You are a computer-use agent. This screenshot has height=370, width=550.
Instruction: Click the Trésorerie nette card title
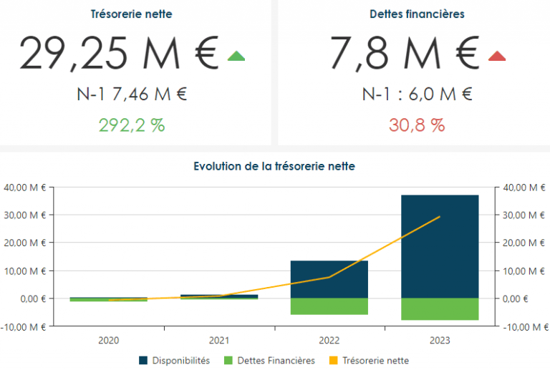[132, 14]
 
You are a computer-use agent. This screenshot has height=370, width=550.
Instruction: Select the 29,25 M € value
[119, 54]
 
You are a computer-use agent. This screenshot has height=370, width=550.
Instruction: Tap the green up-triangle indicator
[236, 56]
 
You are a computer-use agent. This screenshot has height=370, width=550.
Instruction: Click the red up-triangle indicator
[497, 56]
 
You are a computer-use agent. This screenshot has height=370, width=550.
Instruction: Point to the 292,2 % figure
[132, 125]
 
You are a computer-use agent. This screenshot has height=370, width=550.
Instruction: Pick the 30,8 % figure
[417, 125]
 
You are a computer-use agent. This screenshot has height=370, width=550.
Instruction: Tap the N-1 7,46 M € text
[132, 94]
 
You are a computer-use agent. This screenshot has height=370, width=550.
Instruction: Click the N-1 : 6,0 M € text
[417, 94]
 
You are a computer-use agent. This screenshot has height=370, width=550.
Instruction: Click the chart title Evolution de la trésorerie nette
[274, 166]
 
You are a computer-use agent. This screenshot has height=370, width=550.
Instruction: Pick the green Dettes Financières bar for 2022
[329, 306]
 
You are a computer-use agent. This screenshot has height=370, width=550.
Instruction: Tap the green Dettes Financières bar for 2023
[440, 309]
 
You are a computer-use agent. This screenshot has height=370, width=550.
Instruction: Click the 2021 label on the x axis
[219, 341]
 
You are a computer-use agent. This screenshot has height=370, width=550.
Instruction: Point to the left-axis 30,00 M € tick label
[24, 215]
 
